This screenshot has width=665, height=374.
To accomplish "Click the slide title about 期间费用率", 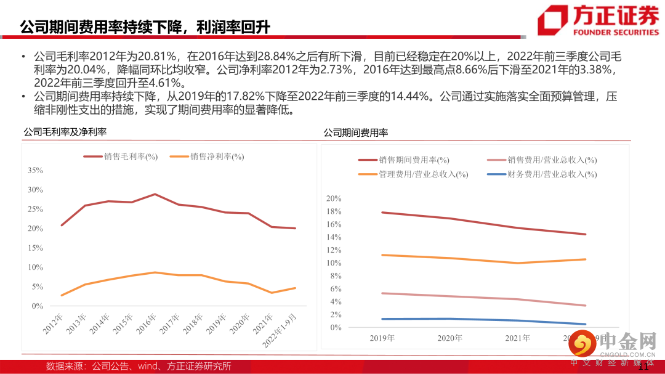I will click(145, 26).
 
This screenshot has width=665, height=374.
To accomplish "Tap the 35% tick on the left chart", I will click(36, 170).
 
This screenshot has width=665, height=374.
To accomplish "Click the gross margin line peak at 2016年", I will click(155, 194).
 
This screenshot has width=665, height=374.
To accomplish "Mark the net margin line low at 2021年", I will click(272, 293).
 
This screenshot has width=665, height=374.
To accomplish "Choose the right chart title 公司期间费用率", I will click(356, 132).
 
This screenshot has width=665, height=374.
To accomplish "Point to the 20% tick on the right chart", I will click(333, 198).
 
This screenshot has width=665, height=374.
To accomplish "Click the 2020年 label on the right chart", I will click(449, 338).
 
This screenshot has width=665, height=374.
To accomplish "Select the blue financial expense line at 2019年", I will click(382, 319).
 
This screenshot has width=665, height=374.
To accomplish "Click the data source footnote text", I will click(139, 366).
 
